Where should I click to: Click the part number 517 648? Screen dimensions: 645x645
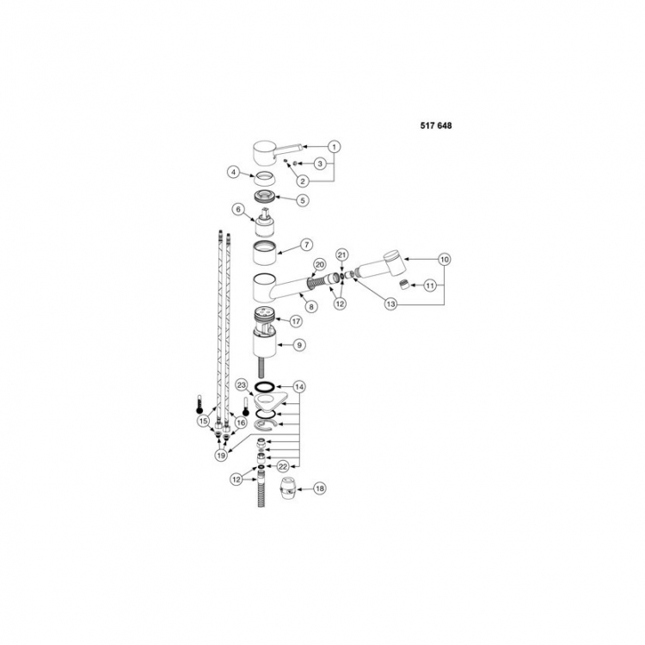(x=436, y=126)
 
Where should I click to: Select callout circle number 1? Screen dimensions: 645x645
(x=334, y=146)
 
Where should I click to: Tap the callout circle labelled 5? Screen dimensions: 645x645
(x=303, y=200)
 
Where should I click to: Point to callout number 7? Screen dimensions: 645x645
(x=306, y=245)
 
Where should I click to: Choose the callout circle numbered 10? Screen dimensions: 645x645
(x=445, y=260)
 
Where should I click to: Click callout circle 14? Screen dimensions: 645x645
(x=299, y=387)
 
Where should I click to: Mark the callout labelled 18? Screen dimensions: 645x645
(x=320, y=488)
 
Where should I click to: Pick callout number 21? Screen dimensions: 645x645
(x=342, y=255)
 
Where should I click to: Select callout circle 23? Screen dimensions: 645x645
(x=242, y=385)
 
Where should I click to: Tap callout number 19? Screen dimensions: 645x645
(x=221, y=455)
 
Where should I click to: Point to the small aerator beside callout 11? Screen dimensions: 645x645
(x=404, y=285)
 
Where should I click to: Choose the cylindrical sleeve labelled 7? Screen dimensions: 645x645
(x=264, y=253)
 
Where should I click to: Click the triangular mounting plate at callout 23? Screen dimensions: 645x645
(x=269, y=399)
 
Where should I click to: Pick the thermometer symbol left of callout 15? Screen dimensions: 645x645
(x=200, y=404)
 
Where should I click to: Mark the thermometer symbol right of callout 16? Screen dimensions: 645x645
(x=246, y=408)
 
